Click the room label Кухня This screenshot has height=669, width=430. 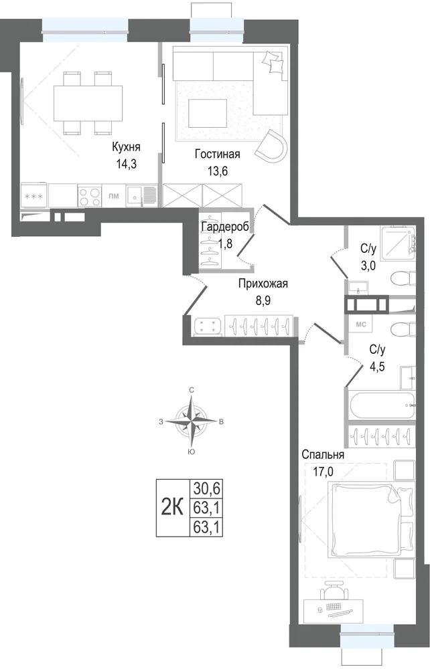126,147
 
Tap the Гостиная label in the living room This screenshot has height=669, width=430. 218,154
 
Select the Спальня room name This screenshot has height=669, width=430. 323,455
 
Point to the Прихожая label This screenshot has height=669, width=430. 263,284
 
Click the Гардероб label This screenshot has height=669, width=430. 225,227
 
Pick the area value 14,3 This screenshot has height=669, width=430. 126,164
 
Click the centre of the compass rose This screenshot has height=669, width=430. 192,421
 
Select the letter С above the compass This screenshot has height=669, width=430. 192,390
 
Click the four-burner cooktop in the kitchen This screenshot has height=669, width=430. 90,196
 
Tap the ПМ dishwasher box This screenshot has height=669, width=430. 114,196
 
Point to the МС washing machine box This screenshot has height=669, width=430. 361,324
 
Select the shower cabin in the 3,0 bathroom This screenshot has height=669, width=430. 398,242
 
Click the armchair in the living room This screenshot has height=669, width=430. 272,147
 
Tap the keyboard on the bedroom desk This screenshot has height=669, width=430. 334,608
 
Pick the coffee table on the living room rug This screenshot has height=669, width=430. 208,112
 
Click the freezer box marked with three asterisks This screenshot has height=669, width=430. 34,196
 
